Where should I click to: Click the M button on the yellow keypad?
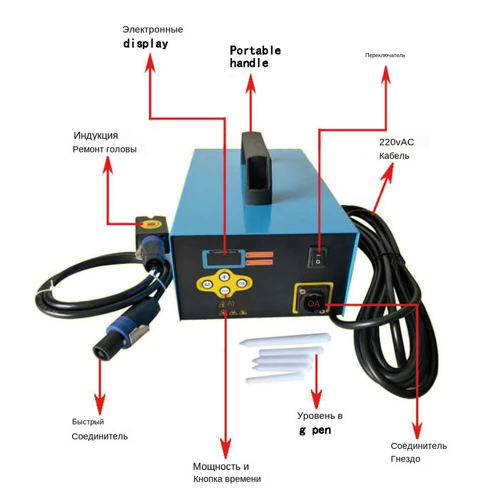tap(206, 285)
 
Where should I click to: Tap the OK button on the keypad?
tap(241, 283)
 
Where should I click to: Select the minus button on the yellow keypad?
tap(224, 291)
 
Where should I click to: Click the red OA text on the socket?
tap(314, 304)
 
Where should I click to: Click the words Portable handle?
tap(255, 57)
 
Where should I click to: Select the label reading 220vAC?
tap(396, 142)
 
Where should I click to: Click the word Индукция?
tap(96, 135)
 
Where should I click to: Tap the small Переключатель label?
tap(385, 55)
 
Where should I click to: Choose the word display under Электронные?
tap(146, 44)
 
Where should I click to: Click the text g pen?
tap(315, 430)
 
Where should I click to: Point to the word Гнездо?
tap(405, 459)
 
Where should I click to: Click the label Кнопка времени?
tap(227, 479)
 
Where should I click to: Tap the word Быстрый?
tap(88, 422)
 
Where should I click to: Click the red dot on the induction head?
tap(150, 223)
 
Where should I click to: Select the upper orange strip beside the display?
tap(259, 255)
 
